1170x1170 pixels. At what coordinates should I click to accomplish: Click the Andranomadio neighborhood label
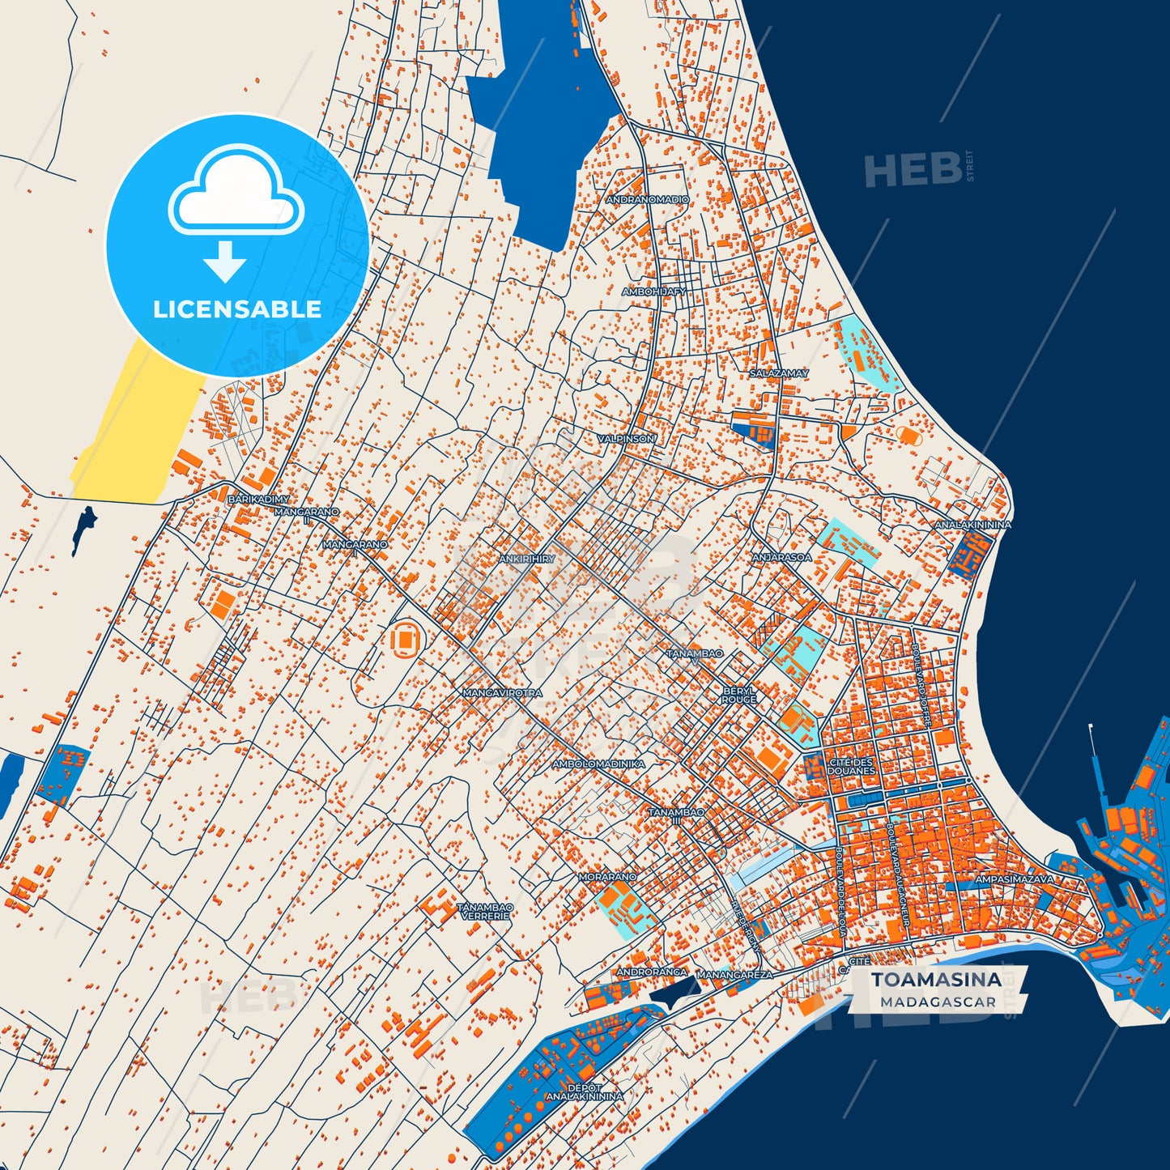[648, 199]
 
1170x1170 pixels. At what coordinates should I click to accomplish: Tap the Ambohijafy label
[653, 291]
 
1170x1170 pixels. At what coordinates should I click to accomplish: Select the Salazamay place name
[779, 373]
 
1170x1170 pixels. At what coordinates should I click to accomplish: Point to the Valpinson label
[626, 438]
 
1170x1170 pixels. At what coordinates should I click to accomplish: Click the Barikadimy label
[258, 500]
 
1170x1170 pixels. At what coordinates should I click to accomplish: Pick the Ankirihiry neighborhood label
[526, 559]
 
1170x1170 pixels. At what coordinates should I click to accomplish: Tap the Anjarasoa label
[781, 557]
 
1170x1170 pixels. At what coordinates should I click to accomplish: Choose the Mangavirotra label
[502, 693]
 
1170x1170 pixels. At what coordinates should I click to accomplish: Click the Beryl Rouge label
[739, 695]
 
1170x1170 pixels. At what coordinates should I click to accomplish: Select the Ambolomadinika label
[598, 764]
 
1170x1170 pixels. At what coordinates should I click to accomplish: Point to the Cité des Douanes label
[851, 766]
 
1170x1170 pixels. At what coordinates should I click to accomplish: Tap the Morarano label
[607, 877]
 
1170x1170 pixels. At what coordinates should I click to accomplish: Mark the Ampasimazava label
[1015, 879]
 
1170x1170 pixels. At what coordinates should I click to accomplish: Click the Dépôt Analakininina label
[585, 1092]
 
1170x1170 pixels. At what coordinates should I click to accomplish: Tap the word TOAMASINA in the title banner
[936, 980]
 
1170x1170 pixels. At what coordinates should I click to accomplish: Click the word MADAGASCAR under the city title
[938, 1002]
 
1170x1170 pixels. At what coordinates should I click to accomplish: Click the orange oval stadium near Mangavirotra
[406, 640]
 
